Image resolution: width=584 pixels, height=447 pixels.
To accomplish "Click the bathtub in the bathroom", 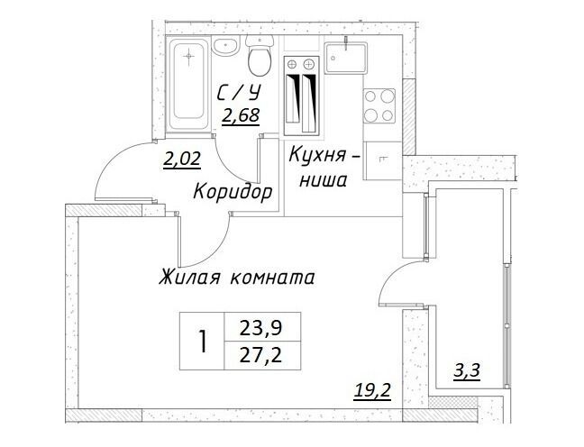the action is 189,84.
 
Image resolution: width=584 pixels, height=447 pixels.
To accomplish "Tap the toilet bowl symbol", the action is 260,56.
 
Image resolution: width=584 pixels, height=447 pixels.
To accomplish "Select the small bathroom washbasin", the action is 225,47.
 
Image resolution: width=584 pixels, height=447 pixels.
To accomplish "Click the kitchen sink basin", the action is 346,58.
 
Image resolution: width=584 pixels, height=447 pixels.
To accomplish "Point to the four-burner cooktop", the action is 379,105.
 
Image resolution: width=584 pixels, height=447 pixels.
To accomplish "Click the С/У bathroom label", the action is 238,93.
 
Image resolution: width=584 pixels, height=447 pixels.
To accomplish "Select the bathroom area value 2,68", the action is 241,115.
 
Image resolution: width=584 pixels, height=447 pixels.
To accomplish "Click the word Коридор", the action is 233,192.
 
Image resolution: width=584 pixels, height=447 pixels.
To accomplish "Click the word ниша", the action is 324,180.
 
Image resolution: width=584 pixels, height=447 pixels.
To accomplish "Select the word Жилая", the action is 189,278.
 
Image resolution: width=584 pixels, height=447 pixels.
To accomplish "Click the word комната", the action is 272,278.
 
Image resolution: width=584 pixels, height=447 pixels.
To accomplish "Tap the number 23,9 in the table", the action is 261,328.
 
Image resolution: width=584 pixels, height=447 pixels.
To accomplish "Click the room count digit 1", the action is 203,342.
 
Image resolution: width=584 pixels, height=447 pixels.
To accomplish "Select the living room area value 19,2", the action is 372,390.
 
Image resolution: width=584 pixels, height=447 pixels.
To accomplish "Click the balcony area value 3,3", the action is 467,371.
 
